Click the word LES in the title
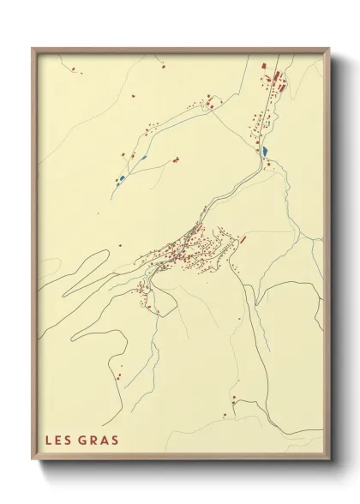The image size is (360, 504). [58, 441]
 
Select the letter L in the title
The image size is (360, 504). [49, 441]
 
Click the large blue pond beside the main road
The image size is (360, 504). [264, 152]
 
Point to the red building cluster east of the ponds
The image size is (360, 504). [176, 159]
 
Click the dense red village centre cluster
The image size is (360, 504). [184, 250]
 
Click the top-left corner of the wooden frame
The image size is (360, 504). [33, 49]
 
